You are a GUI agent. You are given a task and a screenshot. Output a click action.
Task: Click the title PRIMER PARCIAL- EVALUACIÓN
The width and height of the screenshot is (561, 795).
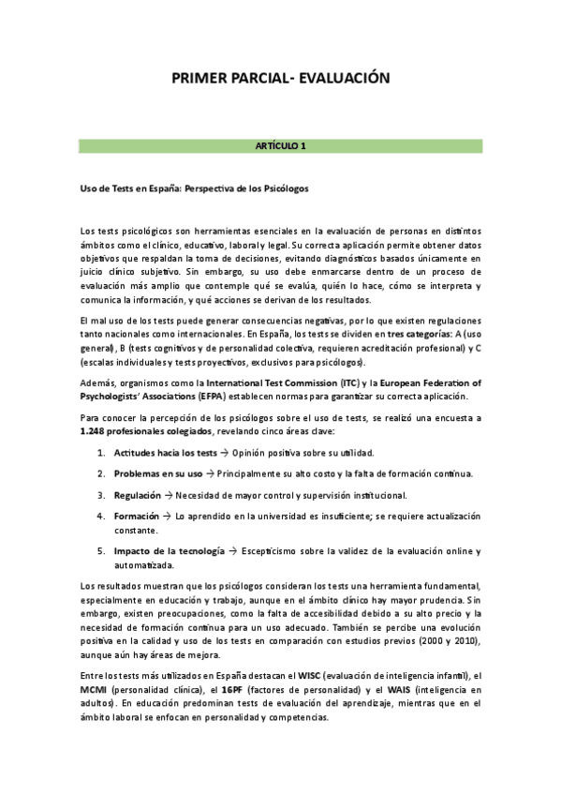pyautogui.click(x=280, y=81)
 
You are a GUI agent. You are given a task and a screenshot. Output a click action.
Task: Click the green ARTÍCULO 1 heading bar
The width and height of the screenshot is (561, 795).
pyautogui.click(x=280, y=146)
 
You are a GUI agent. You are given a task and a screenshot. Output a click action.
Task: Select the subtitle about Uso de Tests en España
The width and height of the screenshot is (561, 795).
pyautogui.click(x=194, y=188)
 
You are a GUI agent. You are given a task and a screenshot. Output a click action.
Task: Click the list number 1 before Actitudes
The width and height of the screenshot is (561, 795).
pyautogui.click(x=100, y=451)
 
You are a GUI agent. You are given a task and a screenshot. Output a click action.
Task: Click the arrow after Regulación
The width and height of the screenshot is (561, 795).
pyautogui.click(x=167, y=494)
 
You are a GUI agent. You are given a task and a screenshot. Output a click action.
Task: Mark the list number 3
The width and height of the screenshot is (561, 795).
pyautogui.click(x=100, y=494)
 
